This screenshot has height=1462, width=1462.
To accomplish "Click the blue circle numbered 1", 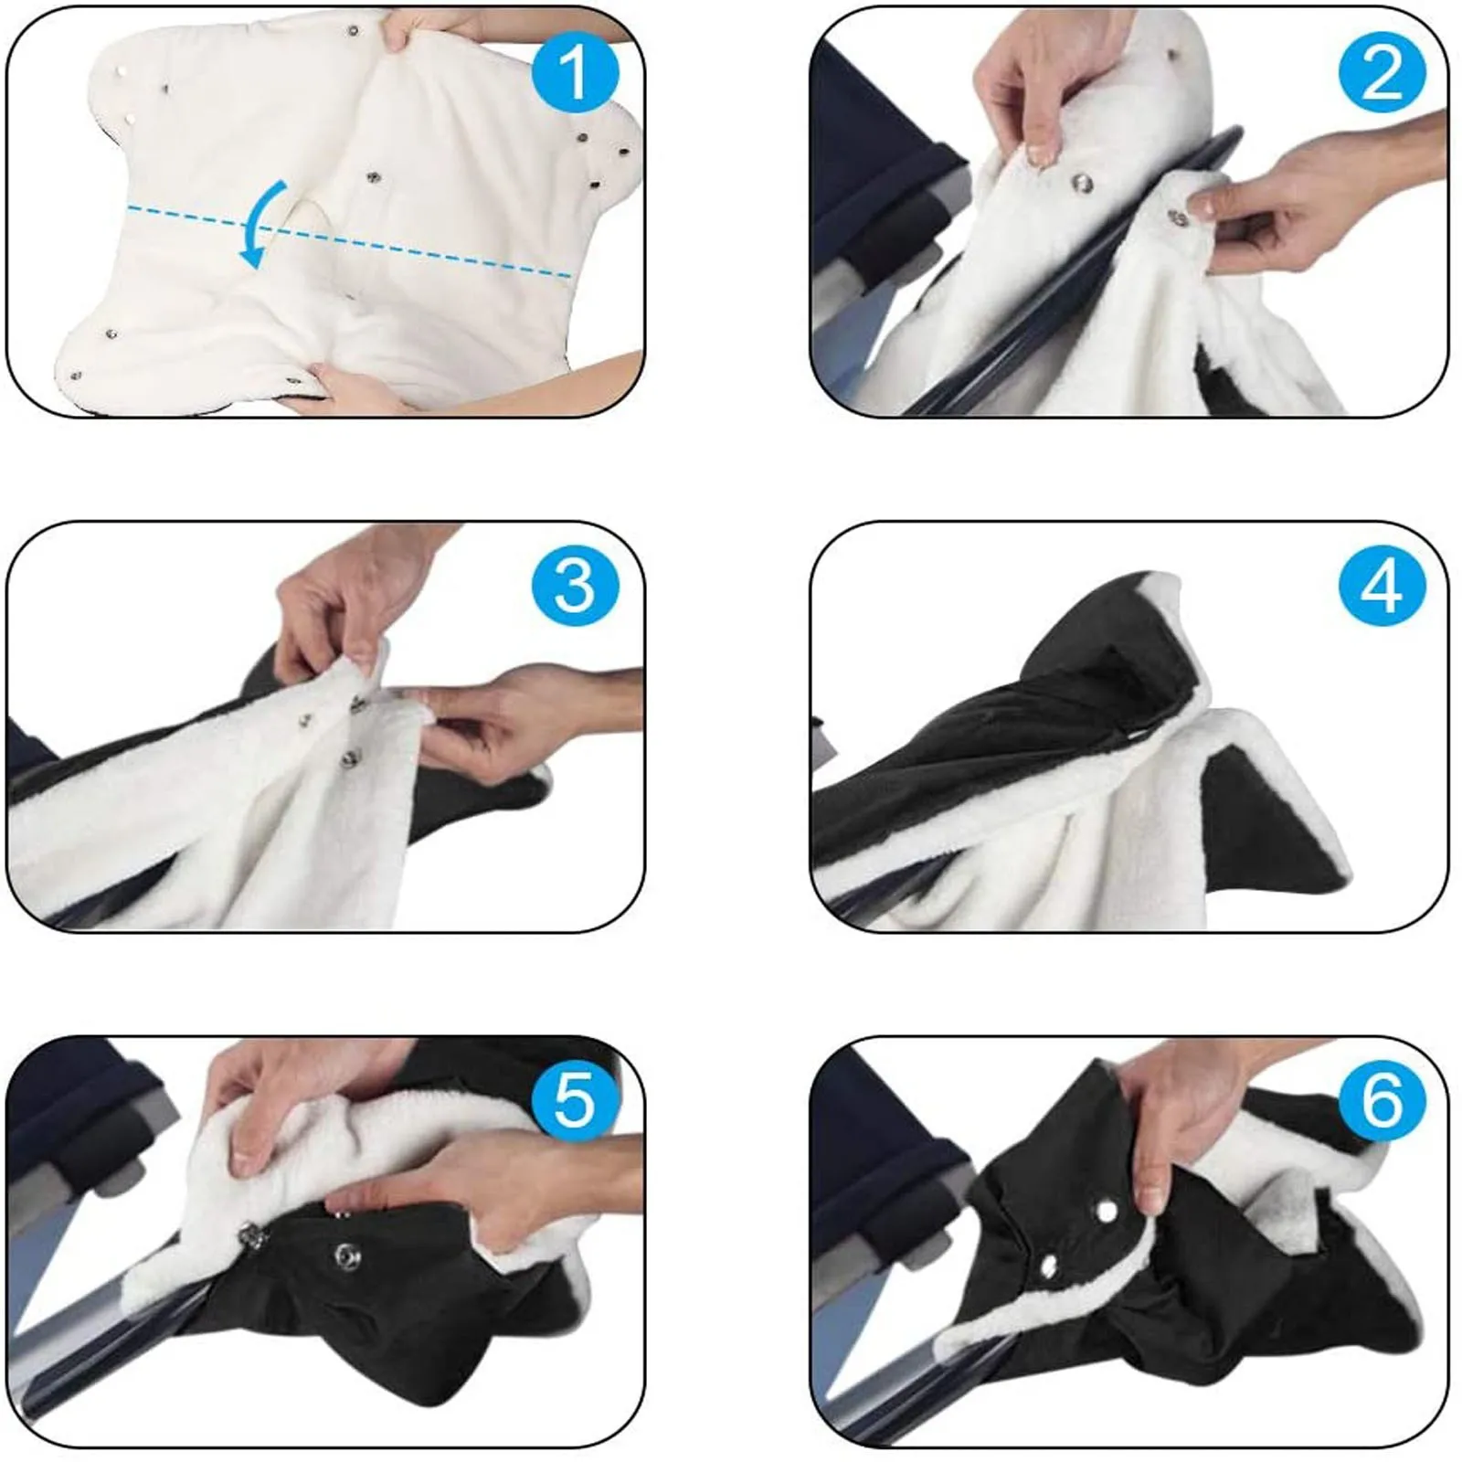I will tap(575, 72).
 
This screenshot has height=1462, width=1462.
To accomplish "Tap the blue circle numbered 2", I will tap(1382, 72).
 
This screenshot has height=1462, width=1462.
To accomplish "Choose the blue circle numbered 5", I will tap(575, 1100).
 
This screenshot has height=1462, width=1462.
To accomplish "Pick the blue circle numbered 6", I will tap(1382, 1100).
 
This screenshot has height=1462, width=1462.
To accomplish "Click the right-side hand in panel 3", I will tap(512, 722).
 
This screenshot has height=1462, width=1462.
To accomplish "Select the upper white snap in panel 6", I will tap(1107, 1213).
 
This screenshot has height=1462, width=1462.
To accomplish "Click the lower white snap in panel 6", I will tap(1048, 1265).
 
